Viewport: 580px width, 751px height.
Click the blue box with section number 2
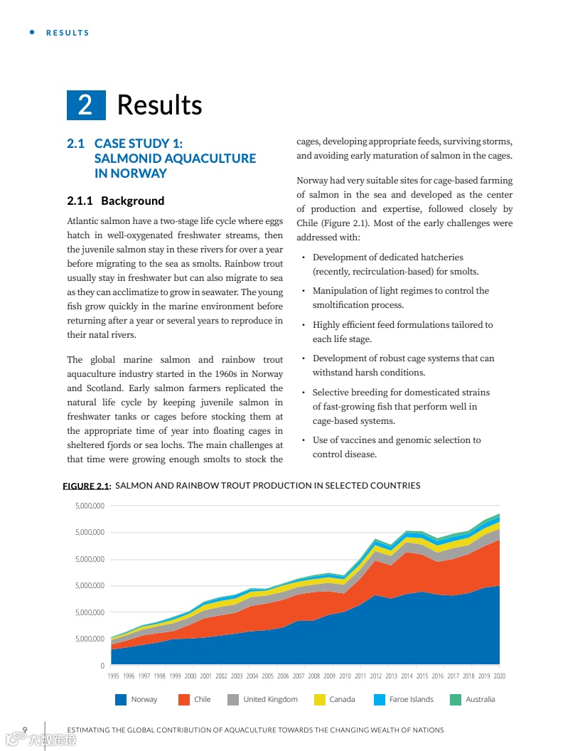pyautogui.click(x=86, y=105)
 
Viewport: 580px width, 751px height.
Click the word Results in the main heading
pyautogui.click(x=159, y=105)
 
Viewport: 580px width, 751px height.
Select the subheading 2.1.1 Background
pyautogui.click(x=115, y=201)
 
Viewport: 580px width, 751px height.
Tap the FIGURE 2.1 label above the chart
pyautogui.click(x=87, y=486)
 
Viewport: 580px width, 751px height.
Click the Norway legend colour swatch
pyautogui.click(x=121, y=700)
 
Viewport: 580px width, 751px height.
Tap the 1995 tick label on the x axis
pyautogui.click(x=113, y=676)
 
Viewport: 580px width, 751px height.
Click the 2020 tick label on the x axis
pyautogui.click(x=499, y=676)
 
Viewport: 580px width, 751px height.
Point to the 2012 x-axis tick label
pyautogui.click(x=375, y=676)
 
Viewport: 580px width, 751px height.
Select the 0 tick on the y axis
pyautogui.click(x=102, y=665)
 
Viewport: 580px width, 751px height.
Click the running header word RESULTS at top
pyautogui.click(x=68, y=33)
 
